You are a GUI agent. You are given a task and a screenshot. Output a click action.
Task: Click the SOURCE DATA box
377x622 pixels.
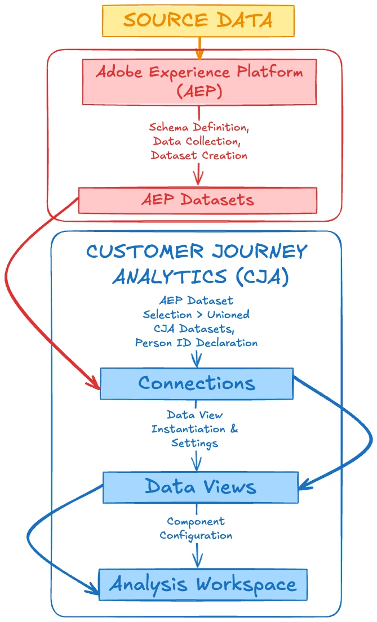tap(198, 21)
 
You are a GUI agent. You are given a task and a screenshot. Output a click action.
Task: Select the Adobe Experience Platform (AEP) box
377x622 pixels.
tap(199, 82)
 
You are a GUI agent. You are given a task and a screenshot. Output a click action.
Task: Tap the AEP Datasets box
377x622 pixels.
tap(198, 200)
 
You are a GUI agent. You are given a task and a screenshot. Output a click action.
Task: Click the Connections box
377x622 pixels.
tap(197, 383)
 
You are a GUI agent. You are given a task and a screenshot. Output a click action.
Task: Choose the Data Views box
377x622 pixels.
tap(201, 487)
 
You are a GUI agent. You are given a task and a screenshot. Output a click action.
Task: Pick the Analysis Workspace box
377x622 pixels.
tap(203, 584)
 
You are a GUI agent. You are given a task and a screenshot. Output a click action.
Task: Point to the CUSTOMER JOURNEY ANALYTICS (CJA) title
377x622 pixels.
tap(197, 263)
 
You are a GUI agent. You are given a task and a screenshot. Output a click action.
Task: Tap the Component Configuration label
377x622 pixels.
tap(196, 528)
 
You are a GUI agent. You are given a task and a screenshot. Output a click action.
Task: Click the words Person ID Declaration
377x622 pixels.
tap(196, 342)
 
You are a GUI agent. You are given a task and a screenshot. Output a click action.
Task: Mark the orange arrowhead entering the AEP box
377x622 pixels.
tap(199, 55)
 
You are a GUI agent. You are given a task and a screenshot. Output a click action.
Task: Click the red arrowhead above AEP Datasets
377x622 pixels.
tap(198, 179)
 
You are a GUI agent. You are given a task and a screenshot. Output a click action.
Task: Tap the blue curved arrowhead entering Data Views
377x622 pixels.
tap(305, 485)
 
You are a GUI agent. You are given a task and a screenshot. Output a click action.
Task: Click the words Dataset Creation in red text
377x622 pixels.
tap(199, 155)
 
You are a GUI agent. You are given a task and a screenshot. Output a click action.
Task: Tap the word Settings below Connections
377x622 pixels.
tap(194, 443)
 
